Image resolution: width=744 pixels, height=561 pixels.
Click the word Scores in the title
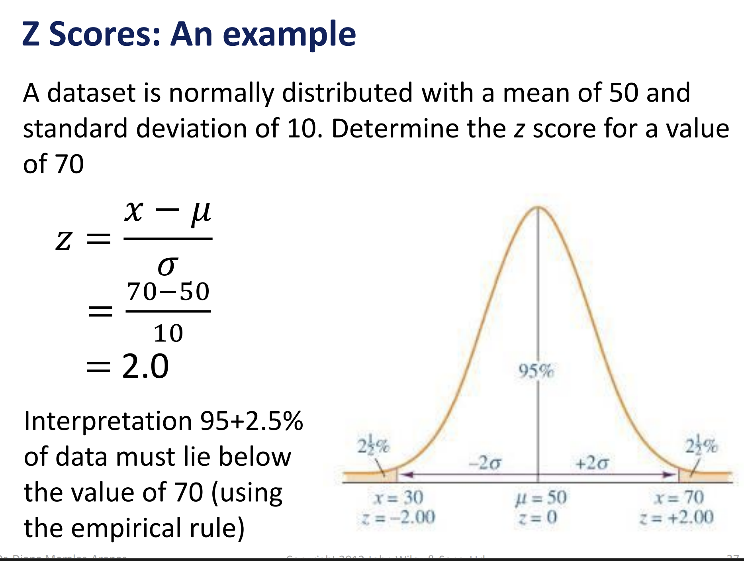click(105, 34)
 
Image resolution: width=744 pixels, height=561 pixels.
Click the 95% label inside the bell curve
click(536, 371)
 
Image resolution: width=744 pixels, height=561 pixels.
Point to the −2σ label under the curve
click(486, 463)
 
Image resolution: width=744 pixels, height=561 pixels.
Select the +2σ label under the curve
click(592, 463)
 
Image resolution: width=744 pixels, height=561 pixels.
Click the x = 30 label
click(399, 497)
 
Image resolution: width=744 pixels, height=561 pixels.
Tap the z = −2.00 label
click(399, 517)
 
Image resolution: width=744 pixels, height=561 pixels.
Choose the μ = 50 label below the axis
click(541, 497)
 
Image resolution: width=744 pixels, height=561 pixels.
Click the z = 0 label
click(538, 517)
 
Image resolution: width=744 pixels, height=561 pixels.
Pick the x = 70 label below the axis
click(679, 497)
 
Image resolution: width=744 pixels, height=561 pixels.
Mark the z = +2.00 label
click(676, 517)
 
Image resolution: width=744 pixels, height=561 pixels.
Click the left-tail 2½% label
click(373, 445)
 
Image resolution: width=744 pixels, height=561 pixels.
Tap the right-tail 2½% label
click(701, 445)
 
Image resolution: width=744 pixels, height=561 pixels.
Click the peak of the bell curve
click(538, 208)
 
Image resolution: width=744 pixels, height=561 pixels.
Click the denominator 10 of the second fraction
click(168, 333)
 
